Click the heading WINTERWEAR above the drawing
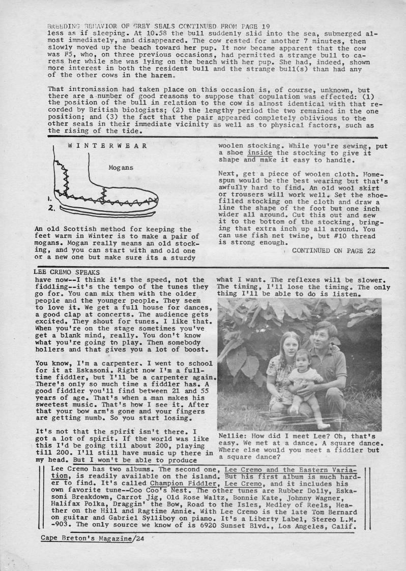[x=107, y=145]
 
